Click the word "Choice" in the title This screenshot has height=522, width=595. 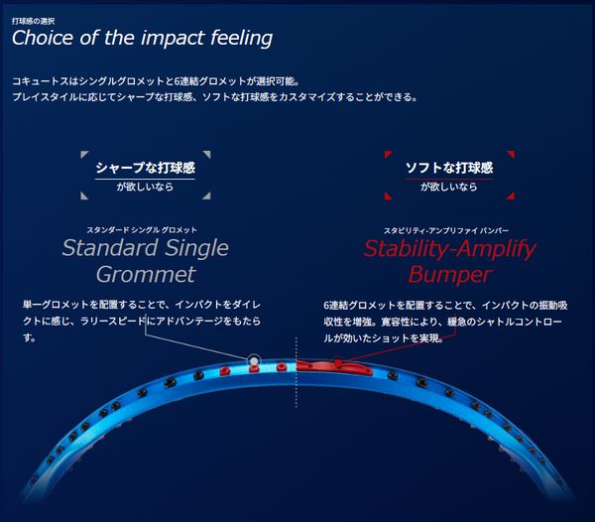pyautogui.click(x=43, y=38)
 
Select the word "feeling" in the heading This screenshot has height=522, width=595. pyautogui.click(x=241, y=39)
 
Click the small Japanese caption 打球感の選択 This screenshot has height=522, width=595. pyautogui.click(x=33, y=21)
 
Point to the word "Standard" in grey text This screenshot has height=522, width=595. pyautogui.click(x=110, y=248)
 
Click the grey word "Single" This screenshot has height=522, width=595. pyautogui.click(x=197, y=249)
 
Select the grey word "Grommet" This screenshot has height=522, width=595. pyautogui.click(x=146, y=275)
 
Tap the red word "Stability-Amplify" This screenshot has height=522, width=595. pyautogui.click(x=449, y=249)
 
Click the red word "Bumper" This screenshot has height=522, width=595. pyautogui.click(x=450, y=275)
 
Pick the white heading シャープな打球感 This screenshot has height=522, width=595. pyautogui.click(x=146, y=168)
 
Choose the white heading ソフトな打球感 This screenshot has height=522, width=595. pyautogui.click(x=449, y=168)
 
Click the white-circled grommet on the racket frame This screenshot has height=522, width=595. pyautogui.click(x=254, y=359)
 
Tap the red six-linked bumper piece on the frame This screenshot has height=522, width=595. pyautogui.click(x=334, y=367)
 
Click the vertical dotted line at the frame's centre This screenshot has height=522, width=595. pyautogui.click(x=296, y=372)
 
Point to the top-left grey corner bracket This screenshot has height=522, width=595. pyautogui.click(x=84, y=154)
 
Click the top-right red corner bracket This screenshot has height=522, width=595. pyautogui.click(x=511, y=154)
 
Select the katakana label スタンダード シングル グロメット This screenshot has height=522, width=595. pyautogui.click(x=142, y=230)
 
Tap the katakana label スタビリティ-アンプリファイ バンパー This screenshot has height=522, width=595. pyautogui.click(x=446, y=230)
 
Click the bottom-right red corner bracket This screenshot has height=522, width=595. pyautogui.click(x=511, y=196)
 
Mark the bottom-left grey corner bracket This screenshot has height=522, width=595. pyautogui.click(x=84, y=196)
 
